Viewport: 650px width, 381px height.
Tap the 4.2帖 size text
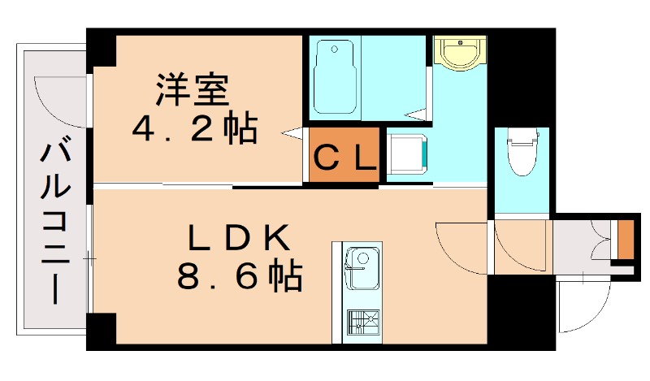(x=195, y=128)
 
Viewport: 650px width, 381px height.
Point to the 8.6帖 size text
(x=240, y=279)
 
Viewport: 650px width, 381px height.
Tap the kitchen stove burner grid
(x=358, y=322)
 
